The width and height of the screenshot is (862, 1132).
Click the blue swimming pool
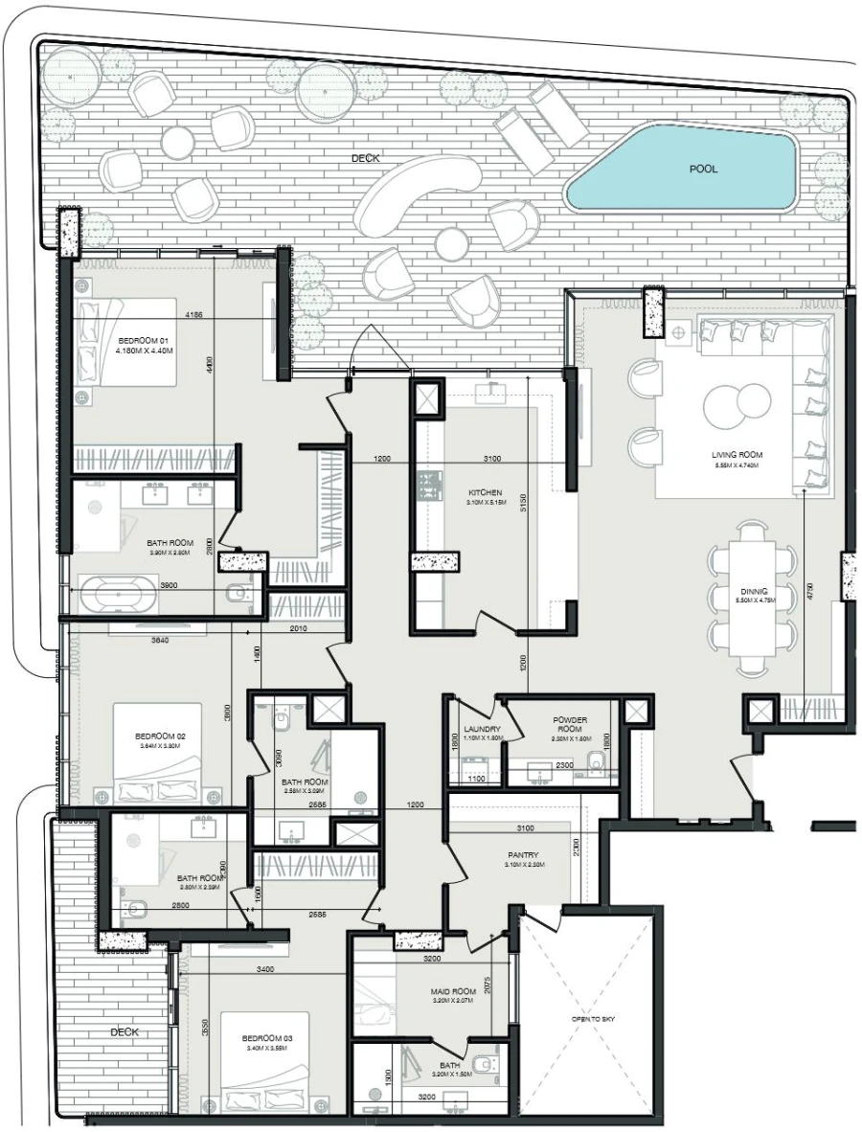[683, 170]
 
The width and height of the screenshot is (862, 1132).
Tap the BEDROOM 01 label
[143, 341]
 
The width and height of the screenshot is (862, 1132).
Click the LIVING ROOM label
[736, 455]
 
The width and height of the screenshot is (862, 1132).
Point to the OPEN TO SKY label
[594, 1019]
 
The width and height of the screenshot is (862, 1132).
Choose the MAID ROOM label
[453, 992]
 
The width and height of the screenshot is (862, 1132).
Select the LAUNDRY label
[476, 729]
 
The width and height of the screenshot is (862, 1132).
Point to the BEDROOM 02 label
[161, 737]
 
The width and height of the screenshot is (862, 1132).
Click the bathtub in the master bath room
[119, 594]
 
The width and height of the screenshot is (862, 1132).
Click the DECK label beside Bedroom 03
[125, 1031]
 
